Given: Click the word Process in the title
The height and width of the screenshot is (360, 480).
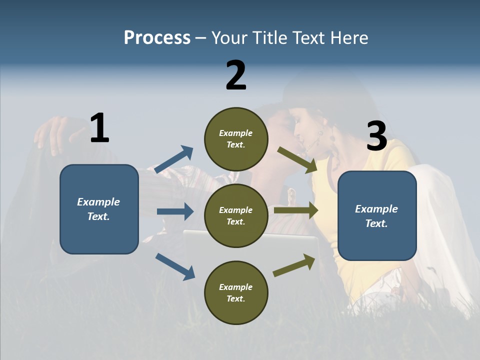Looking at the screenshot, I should coord(157,38).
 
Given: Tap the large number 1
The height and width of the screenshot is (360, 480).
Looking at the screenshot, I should coord(99,128).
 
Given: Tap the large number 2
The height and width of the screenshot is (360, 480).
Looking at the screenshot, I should coord(236,75).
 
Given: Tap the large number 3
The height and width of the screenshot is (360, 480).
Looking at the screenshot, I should coord(376,136).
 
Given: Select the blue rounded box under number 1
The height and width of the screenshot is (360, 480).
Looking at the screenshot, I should coord(99,209).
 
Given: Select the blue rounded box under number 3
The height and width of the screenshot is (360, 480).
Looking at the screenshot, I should coord(377,216).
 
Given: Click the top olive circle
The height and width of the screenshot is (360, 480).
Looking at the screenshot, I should coord(236,139).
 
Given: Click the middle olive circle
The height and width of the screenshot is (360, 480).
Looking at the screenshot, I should coord(236,215).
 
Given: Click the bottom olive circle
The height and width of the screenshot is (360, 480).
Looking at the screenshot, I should coord(236,292).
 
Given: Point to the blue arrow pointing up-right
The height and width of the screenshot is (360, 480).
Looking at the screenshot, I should coord(174,159).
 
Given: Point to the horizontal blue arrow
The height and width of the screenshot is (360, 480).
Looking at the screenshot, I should coord(175,211).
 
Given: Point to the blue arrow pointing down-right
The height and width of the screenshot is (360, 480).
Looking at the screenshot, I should coord(175,266).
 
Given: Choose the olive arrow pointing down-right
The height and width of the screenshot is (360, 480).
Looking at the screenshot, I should coord(297,160).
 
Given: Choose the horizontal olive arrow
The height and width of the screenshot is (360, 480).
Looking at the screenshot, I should coord(295,210).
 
